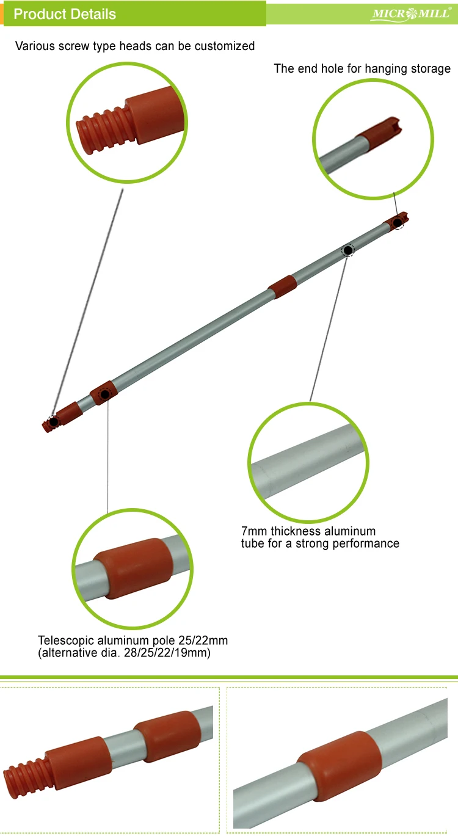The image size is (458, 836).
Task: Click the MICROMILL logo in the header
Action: click(410, 13)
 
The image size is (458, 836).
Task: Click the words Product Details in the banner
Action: click(65, 14)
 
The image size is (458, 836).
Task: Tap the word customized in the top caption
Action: click(225, 46)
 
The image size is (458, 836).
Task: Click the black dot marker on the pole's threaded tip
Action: click(54, 421)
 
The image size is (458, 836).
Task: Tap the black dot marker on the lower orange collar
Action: click(105, 394)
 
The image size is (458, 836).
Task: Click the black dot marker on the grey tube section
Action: click(347, 250)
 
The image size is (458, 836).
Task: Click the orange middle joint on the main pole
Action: click(283, 286)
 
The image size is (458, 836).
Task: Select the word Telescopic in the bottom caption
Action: click(67, 641)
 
